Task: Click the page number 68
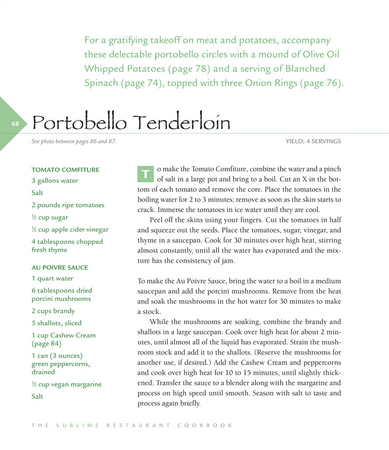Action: [15, 124]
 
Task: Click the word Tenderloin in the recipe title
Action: [183, 122]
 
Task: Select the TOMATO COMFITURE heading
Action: [65, 170]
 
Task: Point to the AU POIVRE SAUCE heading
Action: [60, 268]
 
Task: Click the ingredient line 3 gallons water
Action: [55, 181]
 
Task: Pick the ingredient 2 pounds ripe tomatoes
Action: [68, 205]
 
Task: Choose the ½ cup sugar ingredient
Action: [50, 218]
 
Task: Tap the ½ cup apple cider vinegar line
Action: [70, 230]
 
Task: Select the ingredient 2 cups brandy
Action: [53, 311]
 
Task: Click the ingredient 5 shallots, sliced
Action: [56, 323]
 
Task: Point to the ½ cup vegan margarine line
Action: [66, 384]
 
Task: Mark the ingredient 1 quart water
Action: [52, 278]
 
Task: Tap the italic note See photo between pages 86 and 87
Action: [73, 142]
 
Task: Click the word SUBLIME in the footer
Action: [78, 425]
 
